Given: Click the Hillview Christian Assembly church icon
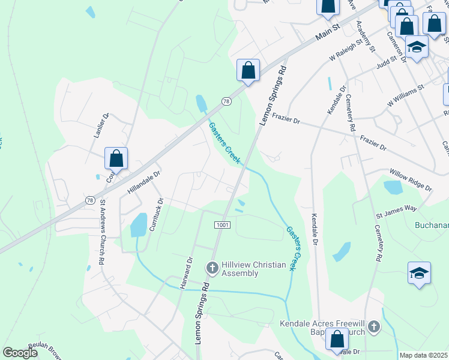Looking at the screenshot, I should (212, 267).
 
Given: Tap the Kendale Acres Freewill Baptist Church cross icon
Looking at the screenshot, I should (373, 327).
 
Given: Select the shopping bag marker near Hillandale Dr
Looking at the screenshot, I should (116, 159).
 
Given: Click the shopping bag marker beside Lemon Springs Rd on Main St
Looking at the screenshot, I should (248, 71).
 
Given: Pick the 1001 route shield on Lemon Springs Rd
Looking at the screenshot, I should (221, 224).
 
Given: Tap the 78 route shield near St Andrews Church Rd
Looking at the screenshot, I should (89, 200).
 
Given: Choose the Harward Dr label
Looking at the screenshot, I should (185, 274).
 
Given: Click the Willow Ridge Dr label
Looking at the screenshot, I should (411, 180).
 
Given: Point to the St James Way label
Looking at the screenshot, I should (396, 208).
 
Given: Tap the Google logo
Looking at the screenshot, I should (20, 353).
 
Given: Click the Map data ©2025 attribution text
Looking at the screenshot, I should (423, 355).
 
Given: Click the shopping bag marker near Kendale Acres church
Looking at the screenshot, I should (337, 340).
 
